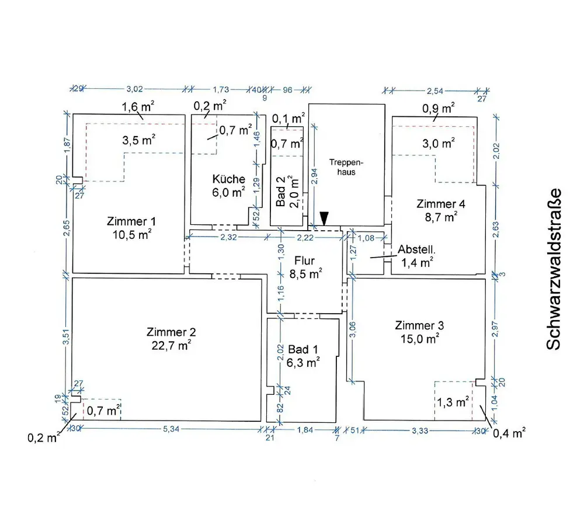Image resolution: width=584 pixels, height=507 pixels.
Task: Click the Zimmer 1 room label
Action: [x=131, y=222]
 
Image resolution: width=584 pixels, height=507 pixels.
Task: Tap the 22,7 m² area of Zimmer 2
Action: [x=171, y=345]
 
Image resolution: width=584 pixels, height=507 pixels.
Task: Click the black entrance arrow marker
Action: [x=324, y=217]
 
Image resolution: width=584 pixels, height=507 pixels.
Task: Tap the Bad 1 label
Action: [x=304, y=349]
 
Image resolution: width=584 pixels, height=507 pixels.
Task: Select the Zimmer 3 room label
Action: [x=417, y=325]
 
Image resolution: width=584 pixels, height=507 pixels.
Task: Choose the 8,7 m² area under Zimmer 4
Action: [x=442, y=217]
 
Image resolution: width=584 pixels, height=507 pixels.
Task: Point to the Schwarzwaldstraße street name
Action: [x=553, y=269]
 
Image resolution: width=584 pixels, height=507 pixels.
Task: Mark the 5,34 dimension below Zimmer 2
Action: [x=171, y=429]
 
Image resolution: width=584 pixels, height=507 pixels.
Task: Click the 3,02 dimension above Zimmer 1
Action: [x=135, y=89]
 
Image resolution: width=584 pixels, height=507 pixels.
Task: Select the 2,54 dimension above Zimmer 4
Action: [x=435, y=91]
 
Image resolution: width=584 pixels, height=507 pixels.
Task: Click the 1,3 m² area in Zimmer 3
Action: [x=452, y=402]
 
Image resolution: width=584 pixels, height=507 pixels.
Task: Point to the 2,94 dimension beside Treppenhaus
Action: [x=315, y=173]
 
